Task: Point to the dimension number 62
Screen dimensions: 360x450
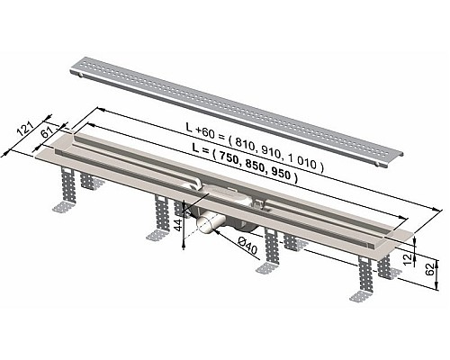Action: point(433,267)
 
